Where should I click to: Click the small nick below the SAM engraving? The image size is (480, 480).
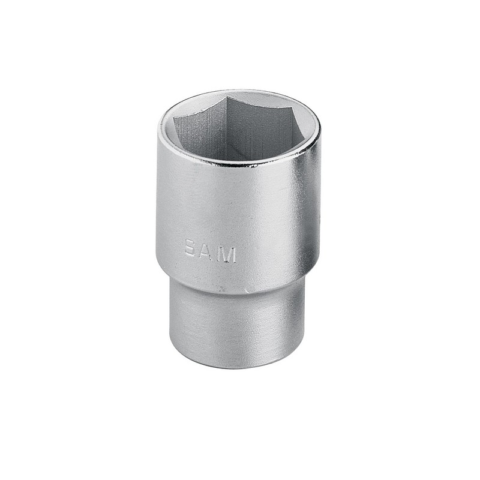click(x=223, y=289)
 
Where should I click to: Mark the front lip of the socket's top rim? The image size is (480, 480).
click(x=240, y=163)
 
